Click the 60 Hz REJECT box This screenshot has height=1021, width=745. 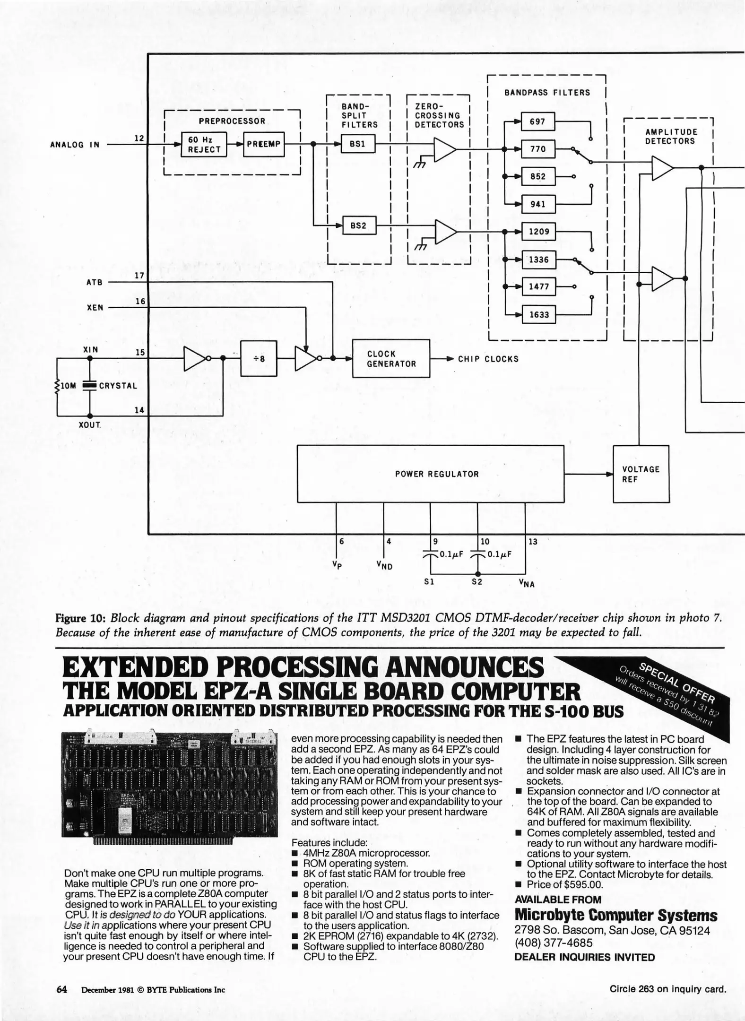coord(204,145)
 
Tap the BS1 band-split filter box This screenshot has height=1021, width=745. coord(357,144)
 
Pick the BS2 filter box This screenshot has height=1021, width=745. coord(358,226)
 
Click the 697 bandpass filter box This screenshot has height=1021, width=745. coord(537,121)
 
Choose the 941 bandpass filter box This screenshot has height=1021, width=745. coord(537,204)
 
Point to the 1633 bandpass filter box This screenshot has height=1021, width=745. coord(538,314)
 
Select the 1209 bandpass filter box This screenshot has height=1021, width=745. coord(538,232)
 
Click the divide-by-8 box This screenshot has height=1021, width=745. coord(259,358)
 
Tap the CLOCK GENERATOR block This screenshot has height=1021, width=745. coord(391,359)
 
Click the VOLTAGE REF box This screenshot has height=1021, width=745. coord(641,474)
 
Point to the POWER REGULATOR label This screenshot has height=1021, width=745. coord(437,474)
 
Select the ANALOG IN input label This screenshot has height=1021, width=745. coord(75,145)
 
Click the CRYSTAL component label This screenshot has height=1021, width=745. coord(118,386)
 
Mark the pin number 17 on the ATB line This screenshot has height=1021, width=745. coord(139,275)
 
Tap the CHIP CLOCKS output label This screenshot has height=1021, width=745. coord(488,359)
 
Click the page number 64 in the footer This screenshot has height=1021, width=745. coord(62,989)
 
